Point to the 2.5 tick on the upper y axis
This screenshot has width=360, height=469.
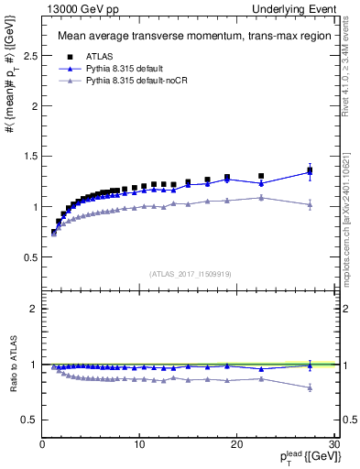click(28, 56)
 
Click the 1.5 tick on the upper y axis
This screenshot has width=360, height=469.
click(28, 157)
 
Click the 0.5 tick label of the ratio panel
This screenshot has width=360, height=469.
click(28, 420)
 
